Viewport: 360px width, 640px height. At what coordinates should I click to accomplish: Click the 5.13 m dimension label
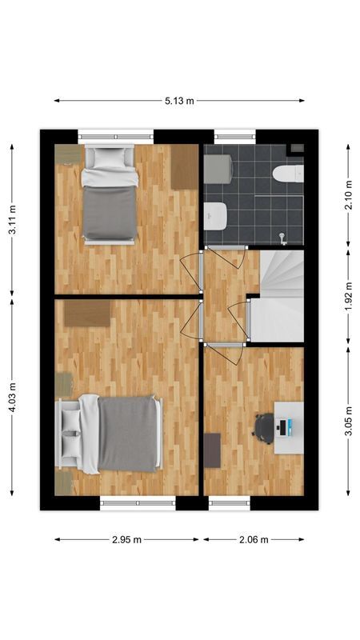[x=179, y=101]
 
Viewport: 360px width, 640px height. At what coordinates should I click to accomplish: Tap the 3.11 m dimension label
[x=12, y=219]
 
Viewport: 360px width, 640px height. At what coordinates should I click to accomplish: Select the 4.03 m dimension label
[x=12, y=398]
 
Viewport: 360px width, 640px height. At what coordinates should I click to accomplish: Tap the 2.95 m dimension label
[x=126, y=539]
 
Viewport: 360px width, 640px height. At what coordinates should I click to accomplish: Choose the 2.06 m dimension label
[x=254, y=539]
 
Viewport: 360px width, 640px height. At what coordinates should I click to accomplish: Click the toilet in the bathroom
[x=288, y=173]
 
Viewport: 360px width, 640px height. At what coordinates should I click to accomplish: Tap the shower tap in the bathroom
[x=282, y=236]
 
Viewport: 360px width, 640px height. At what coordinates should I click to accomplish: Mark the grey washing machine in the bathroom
[x=218, y=170]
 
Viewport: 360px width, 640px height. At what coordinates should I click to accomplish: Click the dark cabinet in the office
[x=212, y=450]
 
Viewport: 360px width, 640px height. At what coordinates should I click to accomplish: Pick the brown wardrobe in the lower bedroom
[x=86, y=313]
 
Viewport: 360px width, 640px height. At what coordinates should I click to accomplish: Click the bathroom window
[x=233, y=136]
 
